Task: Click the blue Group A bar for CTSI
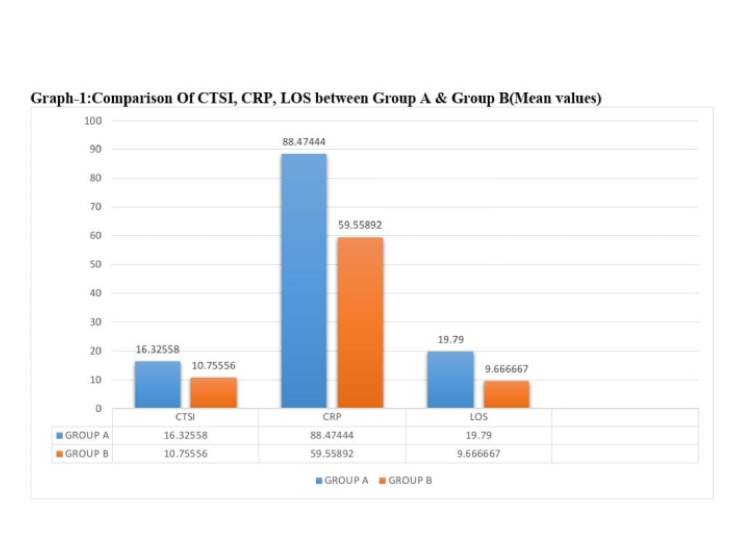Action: coord(158,384)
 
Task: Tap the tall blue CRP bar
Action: coord(303,280)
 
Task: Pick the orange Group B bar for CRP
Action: coord(359,322)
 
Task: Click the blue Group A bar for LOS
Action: coord(450,379)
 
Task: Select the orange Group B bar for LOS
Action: coord(505,394)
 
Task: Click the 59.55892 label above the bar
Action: coord(359,226)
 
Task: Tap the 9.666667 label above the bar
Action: coord(505,369)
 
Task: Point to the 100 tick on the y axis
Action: coord(93,121)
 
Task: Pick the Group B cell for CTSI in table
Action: coord(185,453)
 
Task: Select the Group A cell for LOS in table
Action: coord(478,436)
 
